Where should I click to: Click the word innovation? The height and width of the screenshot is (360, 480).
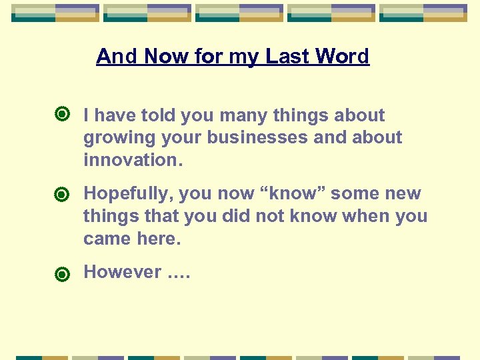pos(133,160)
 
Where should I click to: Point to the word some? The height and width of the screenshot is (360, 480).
pos(356,193)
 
